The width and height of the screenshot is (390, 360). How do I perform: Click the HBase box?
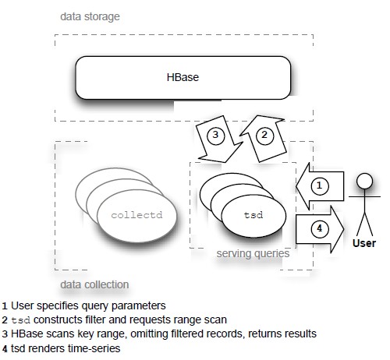[183, 78]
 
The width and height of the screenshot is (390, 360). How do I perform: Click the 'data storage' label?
[90, 17]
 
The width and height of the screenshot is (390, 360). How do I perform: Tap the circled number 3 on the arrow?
[215, 135]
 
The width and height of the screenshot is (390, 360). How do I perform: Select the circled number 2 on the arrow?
[264, 135]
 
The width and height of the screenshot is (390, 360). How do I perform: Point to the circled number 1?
[320, 185]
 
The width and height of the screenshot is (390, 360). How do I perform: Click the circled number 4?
[320, 228]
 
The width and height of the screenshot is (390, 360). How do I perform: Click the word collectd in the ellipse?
[136, 215]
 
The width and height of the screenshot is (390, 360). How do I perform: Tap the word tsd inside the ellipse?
[253, 215]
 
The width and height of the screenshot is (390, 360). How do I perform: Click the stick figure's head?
[364, 181]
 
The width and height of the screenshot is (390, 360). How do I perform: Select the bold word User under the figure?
[364, 243]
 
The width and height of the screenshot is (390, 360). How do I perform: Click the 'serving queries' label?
[253, 253]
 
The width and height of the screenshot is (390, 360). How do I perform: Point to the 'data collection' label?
[94, 284]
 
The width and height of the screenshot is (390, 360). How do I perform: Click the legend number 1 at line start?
[5, 306]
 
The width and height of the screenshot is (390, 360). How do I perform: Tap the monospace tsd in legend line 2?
[21, 320]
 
